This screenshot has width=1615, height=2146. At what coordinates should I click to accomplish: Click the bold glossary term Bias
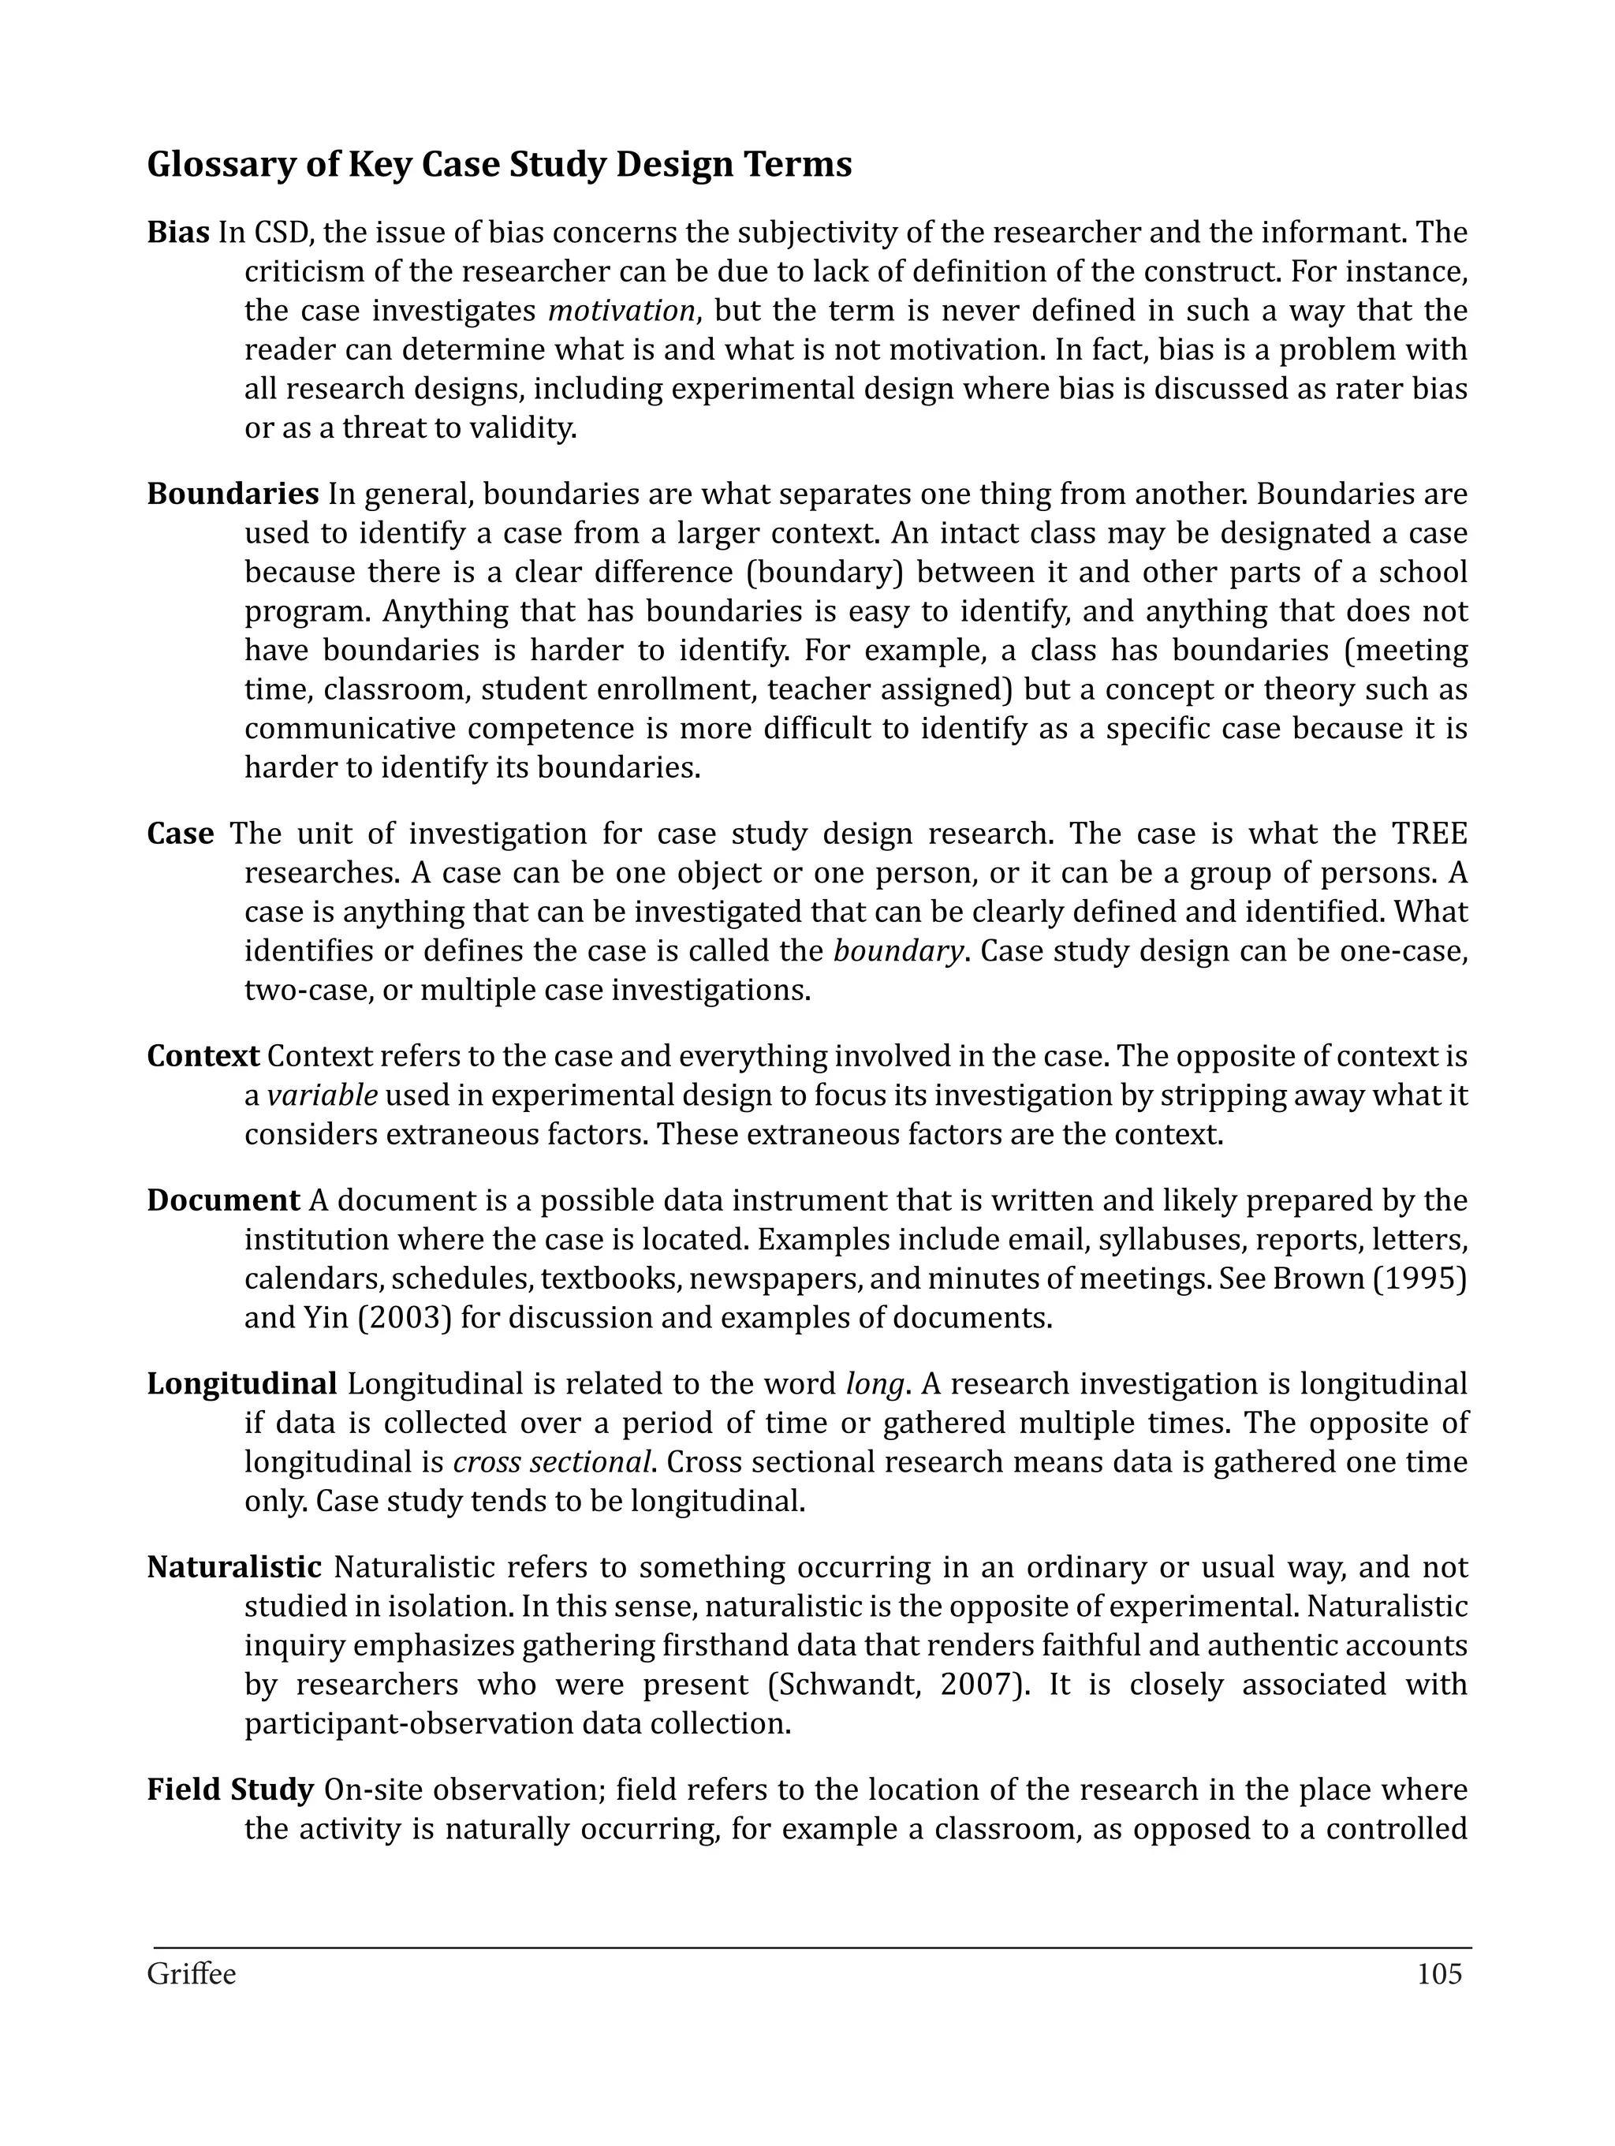(178, 233)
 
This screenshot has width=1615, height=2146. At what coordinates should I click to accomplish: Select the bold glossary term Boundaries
(233, 494)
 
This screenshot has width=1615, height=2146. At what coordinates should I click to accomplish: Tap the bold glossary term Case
(181, 834)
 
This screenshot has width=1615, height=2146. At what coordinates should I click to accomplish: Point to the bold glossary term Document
(223, 1200)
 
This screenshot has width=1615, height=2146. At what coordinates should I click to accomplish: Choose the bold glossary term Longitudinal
(241, 1383)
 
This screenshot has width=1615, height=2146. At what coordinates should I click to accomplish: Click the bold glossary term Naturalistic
(233, 1567)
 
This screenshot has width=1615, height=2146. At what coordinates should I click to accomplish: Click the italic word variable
(322, 1095)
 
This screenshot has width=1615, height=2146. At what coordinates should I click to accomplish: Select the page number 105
(1438, 1974)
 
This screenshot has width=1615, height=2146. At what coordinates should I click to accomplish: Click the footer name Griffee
(191, 1974)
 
